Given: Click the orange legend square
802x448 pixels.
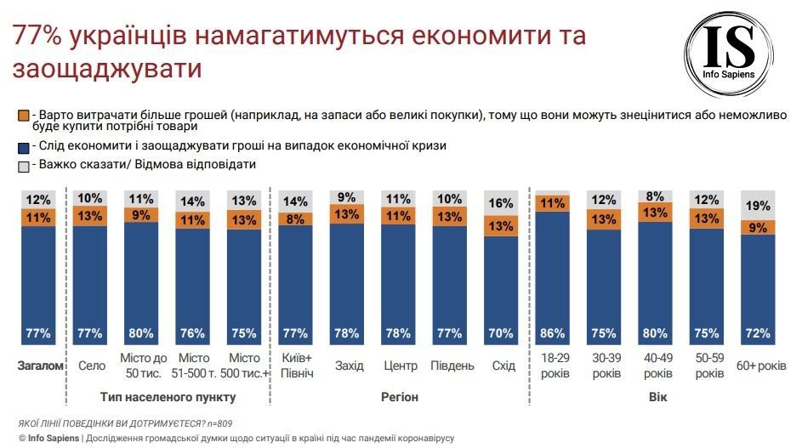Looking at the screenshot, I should coord(23,115).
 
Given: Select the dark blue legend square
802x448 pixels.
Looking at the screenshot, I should coord(23,145).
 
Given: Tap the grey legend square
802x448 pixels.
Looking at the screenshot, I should coord(23,165).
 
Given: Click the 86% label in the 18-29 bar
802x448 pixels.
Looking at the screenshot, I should coord(553,333).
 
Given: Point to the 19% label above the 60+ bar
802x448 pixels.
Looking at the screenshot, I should coord(758,206).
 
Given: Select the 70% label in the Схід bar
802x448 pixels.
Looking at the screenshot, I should coord(501,333).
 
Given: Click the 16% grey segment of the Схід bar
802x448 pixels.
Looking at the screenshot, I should coord(501,204).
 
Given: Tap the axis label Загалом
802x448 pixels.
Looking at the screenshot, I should coord(40,366).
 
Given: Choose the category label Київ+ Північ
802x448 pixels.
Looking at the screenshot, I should coord(296,366).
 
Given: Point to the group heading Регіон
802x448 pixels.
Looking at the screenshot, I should coord(398,397).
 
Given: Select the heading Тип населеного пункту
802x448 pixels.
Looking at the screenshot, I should coord(168,397).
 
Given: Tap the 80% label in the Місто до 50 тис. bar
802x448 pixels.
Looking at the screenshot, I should coord(141,333).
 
